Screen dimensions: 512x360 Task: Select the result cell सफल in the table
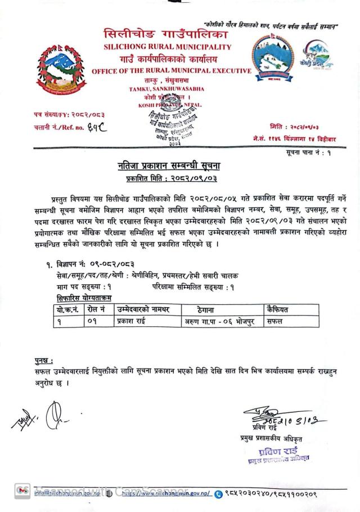click(x=276, y=322)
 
